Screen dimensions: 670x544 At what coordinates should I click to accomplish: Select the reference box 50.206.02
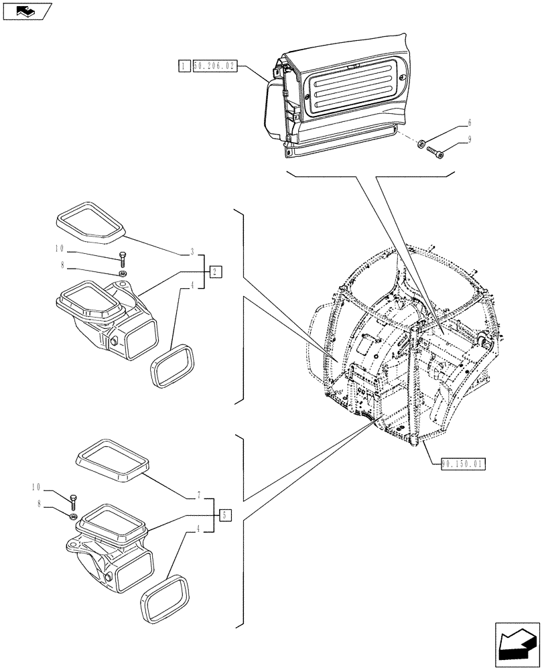coord(214,66)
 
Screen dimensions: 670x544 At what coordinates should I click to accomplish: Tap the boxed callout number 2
coord(214,271)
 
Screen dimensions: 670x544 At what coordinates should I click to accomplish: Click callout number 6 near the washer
coord(469,123)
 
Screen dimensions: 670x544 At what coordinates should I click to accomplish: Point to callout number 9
coord(469,139)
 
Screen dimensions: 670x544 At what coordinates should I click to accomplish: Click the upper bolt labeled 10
coord(123,259)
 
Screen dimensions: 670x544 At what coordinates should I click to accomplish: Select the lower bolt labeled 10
coord(72,500)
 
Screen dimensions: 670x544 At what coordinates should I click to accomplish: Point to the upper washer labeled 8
coord(123,274)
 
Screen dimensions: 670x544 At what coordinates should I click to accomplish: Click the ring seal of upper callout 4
coord(172,366)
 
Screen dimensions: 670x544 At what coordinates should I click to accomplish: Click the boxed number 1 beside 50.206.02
coord(182,66)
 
